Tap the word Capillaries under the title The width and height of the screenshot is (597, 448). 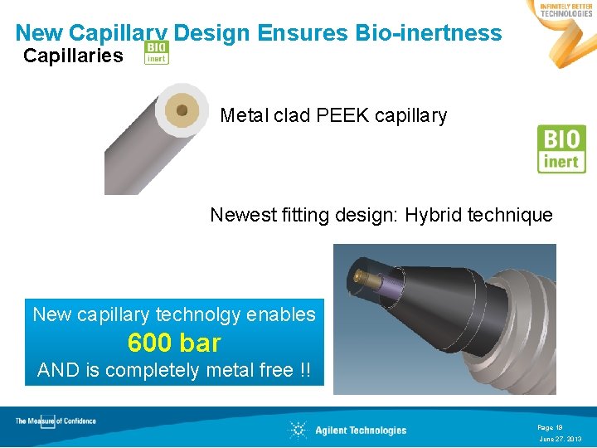(x=73, y=56)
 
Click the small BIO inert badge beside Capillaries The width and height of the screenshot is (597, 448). (x=156, y=52)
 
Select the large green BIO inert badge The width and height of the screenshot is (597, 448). (x=561, y=149)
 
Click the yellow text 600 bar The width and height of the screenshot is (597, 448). (x=174, y=342)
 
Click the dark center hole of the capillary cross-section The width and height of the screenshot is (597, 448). (x=182, y=109)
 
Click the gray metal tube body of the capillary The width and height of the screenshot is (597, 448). (x=133, y=158)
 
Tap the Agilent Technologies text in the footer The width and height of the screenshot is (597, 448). (x=361, y=430)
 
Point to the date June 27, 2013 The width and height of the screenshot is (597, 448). (x=561, y=439)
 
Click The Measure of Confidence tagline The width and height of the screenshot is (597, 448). (x=56, y=421)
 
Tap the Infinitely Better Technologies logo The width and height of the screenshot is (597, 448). (x=565, y=10)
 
